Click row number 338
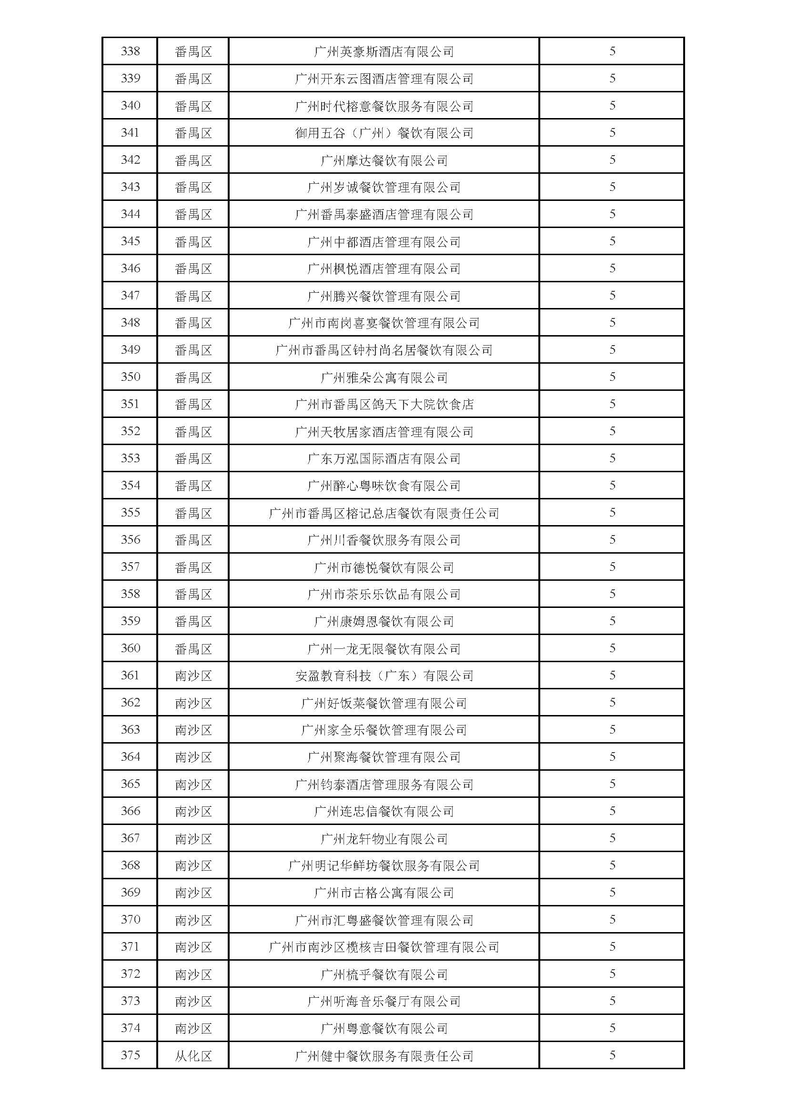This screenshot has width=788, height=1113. coord(130,51)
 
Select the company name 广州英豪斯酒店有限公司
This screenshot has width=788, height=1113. coord(384,51)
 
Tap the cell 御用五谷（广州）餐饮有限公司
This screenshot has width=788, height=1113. coord(384,133)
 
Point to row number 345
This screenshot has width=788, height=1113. coord(130,241)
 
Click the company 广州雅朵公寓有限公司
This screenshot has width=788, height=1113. coord(384,377)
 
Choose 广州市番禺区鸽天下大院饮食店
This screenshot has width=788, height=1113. coord(384,404)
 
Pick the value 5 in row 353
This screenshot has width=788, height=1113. coord(612,458)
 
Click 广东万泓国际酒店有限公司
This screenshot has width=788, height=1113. coord(384,458)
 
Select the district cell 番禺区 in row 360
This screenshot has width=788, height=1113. coord(193,648)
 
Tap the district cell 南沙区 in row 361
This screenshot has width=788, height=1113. coord(193,676)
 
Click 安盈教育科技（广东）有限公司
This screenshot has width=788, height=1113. coord(384,676)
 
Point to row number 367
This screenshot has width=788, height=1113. coord(130,838)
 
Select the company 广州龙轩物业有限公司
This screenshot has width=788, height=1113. coord(384,839)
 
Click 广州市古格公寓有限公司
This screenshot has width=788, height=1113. coord(384,893)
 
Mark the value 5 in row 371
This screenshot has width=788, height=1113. coord(612,947)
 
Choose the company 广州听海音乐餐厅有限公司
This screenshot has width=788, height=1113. coord(384,1002)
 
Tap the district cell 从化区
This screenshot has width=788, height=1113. coord(193,1056)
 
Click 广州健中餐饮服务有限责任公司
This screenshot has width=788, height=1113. coord(384,1056)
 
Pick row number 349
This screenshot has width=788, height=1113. coord(130,349)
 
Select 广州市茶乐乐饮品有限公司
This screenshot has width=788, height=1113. coord(384,594)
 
